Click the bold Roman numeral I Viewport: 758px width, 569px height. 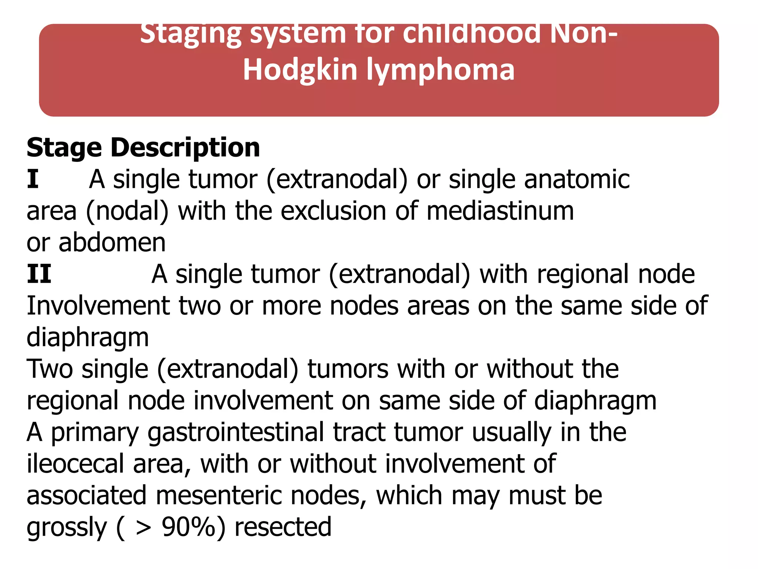tap(33, 179)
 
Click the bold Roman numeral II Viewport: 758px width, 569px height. tap(39, 274)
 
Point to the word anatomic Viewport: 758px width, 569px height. tap(577, 179)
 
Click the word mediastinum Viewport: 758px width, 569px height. tap(500, 211)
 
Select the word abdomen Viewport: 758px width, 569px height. tap(112, 243)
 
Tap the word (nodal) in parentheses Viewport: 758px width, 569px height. tap(127, 211)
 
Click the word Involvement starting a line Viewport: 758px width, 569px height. tap(98, 306)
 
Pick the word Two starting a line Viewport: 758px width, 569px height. tap(50, 369)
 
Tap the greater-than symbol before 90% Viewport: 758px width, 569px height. tap(143, 528)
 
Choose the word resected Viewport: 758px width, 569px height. tap(283, 527)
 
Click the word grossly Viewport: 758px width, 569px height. tap(67, 528)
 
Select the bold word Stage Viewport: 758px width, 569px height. tap(64, 147)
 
